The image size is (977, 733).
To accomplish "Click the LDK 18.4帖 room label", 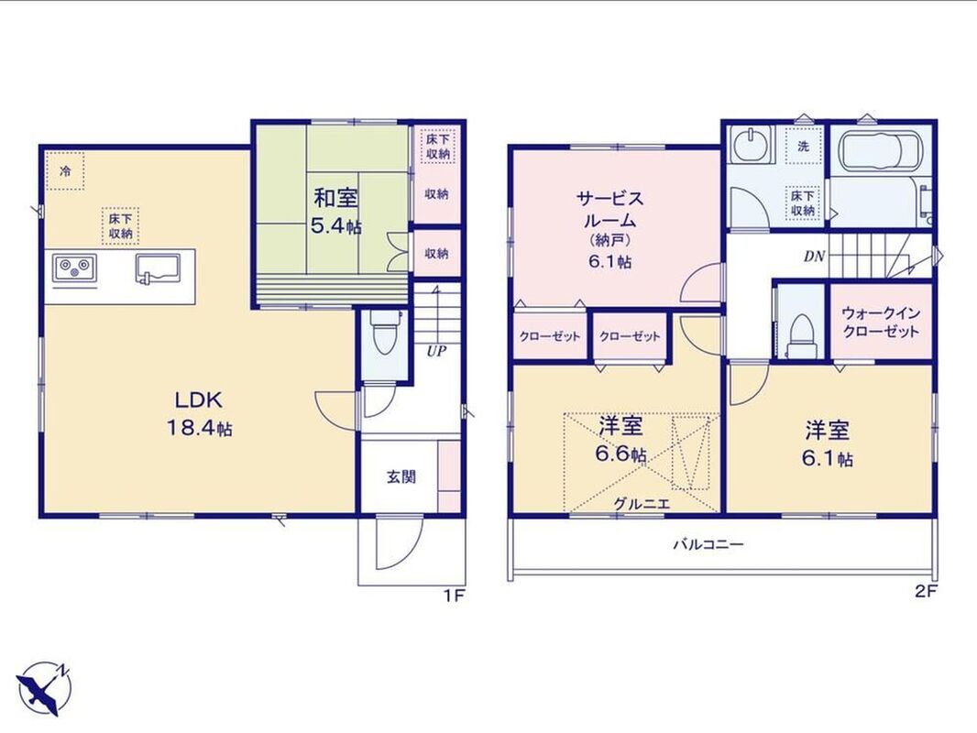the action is tap(199, 413).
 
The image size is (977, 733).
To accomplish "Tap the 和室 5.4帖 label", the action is tap(335, 212).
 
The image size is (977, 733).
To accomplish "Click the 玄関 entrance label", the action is tap(401, 477).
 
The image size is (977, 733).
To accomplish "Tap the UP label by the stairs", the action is tap(436, 351).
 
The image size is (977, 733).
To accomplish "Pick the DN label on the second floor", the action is tap(815, 256).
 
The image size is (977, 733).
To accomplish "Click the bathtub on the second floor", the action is tap(879, 150).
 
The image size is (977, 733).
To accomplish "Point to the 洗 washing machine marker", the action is tap(804, 147).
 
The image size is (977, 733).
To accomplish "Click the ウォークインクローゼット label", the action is tap(881, 322).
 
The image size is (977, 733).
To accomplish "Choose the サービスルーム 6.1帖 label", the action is tap(609, 229).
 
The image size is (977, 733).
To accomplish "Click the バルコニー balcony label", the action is tap(708, 545).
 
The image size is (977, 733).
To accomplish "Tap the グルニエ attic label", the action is tap(642, 504).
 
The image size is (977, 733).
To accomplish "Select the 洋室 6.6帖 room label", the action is tap(620, 441).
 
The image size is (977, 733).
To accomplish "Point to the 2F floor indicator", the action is tap(926, 592).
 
